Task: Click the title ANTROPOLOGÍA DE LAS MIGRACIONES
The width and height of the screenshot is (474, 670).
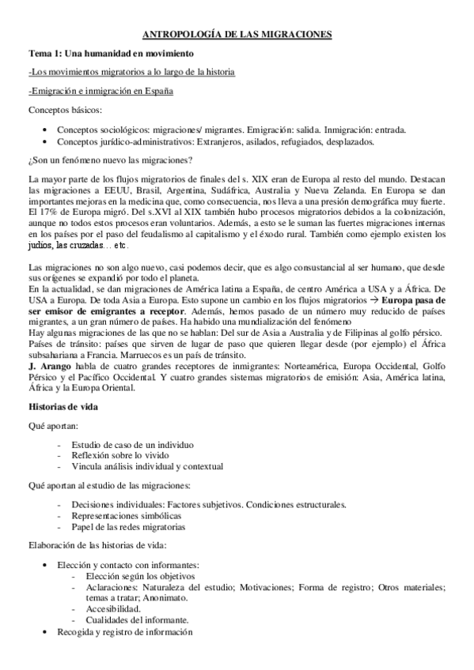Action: pos(237,34)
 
